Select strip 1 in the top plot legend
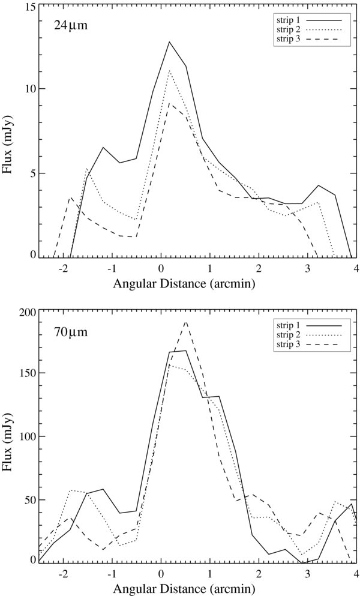pyautogui.click(x=286, y=18)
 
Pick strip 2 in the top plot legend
pyautogui.click(x=286, y=28)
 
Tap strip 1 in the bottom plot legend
pyautogui.click(x=286, y=324)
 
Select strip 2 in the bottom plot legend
pyautogui.click(x=286, y=334)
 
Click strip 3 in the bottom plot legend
pyautogui.click(x=286, y=345)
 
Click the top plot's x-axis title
pyautogui.click(x=197, y=284)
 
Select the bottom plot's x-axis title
pyautogui.click(x=197, y=589)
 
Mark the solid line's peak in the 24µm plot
pyautogui.click(x=169, y=42)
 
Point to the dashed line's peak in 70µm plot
pyautogui.click(x=186, y=322)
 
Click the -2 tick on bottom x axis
pyautogui.click(x=62, y=574)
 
